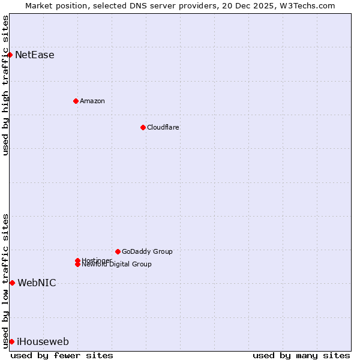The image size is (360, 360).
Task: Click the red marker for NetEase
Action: tap(10, 55)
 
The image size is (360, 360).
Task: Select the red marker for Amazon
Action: tap(76, 101)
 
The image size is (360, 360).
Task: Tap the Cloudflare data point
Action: tap(143, 127)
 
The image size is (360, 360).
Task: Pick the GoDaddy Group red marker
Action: tap(118, 251)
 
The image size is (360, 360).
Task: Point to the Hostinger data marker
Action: tap(77, 260)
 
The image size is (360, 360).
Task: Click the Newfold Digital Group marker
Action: tap(77, 265)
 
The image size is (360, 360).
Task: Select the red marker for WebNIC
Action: tap(12, 283)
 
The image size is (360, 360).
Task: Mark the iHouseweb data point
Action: tap(11, 341)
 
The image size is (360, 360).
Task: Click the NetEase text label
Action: tap(34, 55)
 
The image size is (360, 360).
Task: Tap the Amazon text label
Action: tap(92, 101)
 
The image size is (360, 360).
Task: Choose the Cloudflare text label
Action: tap(163, 127)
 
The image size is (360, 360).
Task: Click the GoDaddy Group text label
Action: tap(147, 251)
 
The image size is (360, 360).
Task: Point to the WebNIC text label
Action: tap(37, 283)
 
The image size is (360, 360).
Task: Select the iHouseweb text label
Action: tap(43, 342)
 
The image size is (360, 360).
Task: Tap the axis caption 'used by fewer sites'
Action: tap(62, 355)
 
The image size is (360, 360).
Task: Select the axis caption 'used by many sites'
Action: tap(301, 355)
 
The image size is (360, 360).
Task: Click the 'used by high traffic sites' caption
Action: tap(5, 85)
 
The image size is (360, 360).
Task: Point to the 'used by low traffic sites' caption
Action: tap(5, 281)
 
